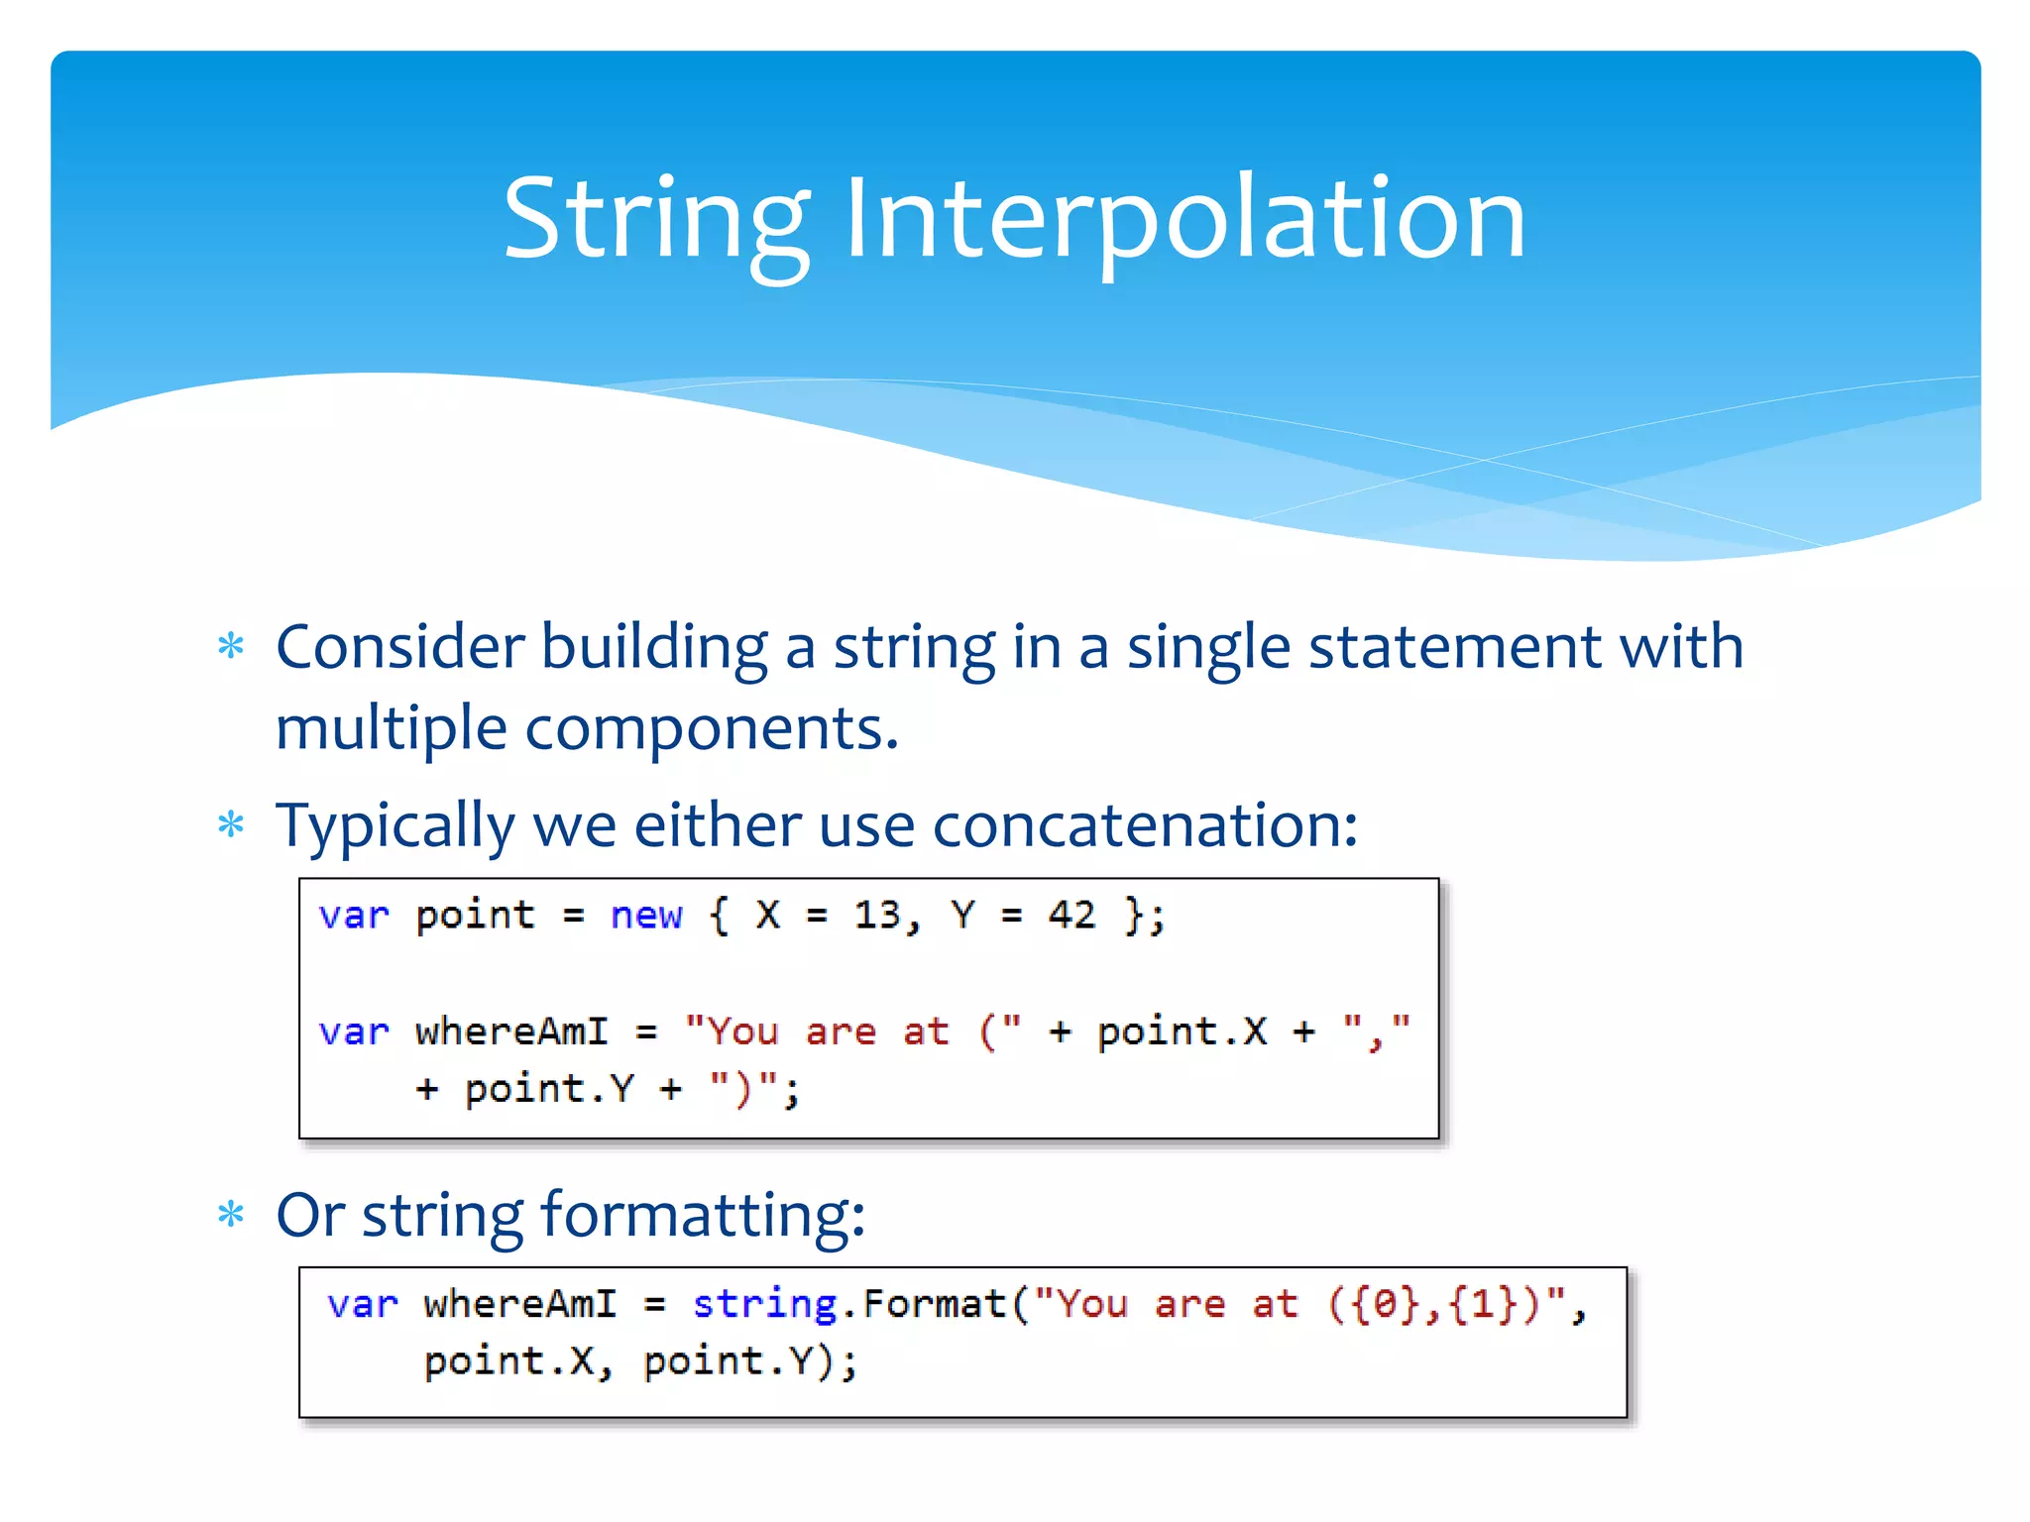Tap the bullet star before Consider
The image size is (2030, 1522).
231,647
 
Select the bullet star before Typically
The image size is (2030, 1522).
231,824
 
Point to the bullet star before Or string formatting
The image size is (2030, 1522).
231,1214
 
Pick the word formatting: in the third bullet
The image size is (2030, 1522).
703,1216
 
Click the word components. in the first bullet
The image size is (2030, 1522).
712,728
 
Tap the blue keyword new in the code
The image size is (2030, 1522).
646,915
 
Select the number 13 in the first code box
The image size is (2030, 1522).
878,915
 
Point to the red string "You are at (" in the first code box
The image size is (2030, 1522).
852,1032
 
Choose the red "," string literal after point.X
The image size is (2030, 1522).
1376,1032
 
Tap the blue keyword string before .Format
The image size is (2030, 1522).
764,1304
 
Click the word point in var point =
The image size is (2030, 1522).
475,915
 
